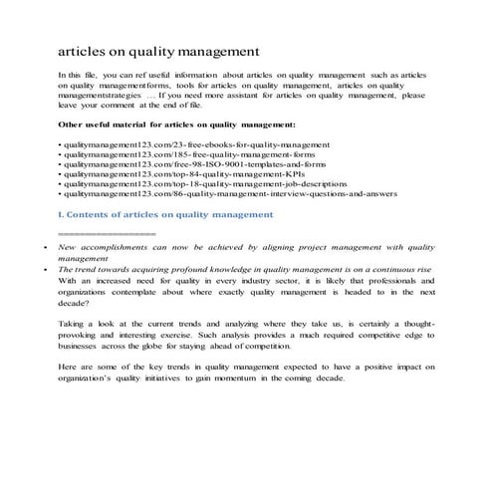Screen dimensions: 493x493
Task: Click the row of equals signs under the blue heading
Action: point(108,232)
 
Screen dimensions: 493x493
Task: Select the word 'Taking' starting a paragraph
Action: point(73,326)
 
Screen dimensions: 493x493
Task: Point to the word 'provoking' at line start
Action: point(80,338)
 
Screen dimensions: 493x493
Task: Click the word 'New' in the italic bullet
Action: point(67,245)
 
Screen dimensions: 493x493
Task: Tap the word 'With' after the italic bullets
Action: point(69,282)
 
